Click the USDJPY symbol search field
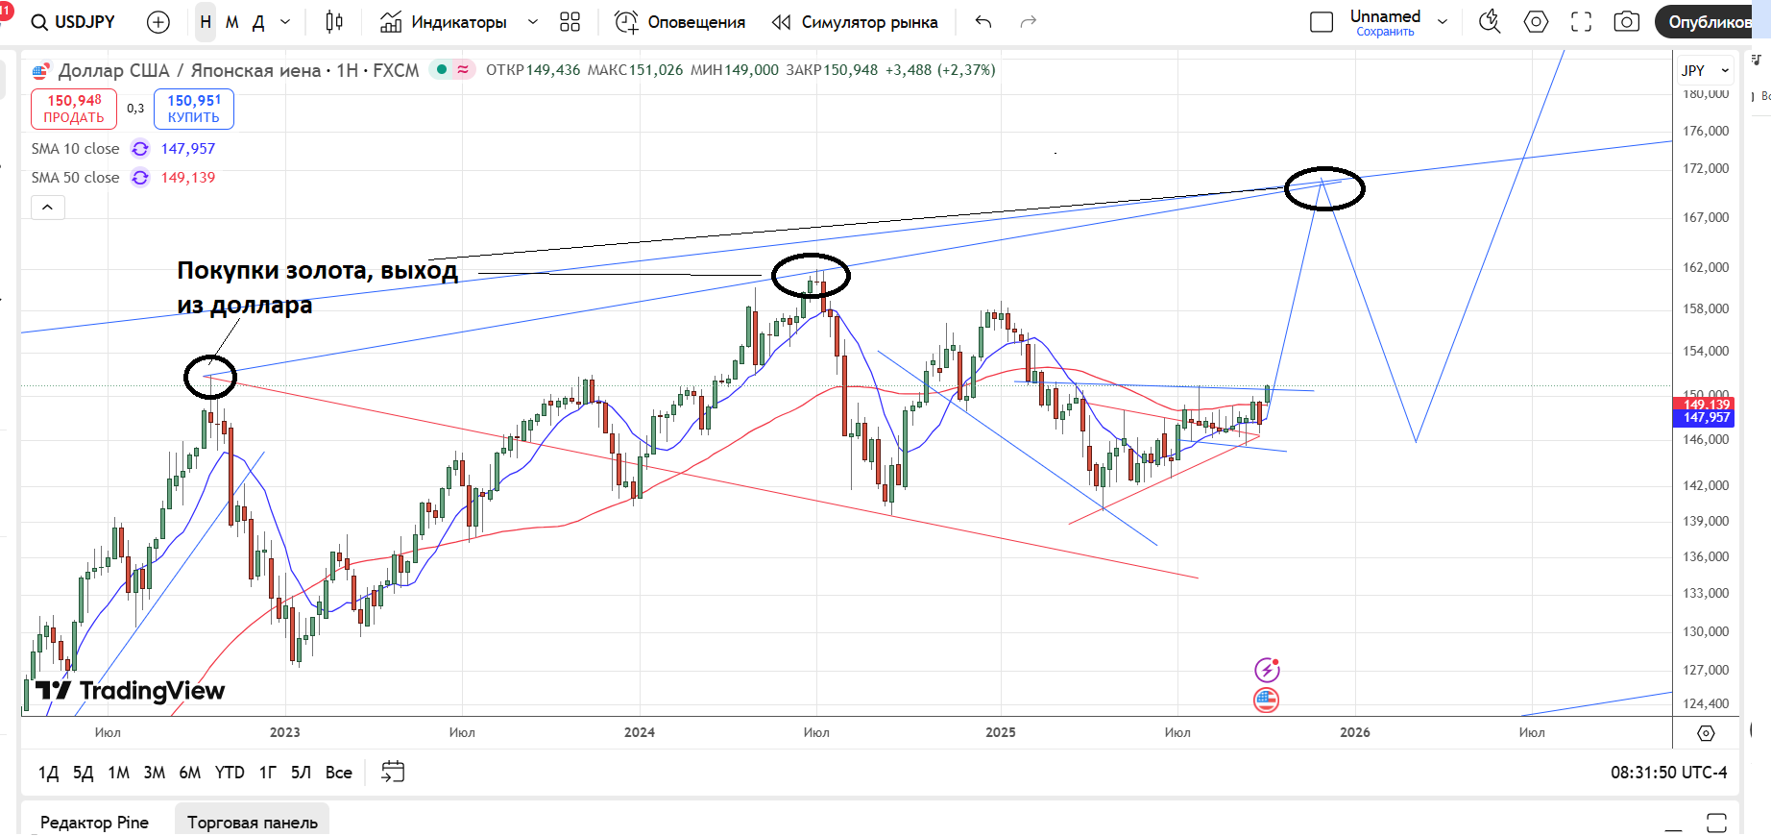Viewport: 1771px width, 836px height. point(74,22)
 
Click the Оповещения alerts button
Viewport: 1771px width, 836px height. point(680,22)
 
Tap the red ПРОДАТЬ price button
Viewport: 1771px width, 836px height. point(74,109)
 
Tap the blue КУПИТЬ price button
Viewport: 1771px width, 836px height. point(194,109)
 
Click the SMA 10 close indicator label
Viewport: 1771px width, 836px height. point(75,149)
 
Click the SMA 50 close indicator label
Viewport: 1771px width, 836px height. point(75,178)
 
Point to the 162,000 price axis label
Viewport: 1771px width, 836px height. point(1705,267)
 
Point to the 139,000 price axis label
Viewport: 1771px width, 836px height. point(1705,521)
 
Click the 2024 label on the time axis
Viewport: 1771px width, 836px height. point(640,732)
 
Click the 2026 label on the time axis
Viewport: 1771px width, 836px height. point(1355,732)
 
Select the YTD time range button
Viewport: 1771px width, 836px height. point(230,773)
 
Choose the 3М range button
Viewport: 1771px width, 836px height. point(154,773)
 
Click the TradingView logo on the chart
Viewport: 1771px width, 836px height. point(131,691)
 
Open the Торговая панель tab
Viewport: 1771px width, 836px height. point(253,823)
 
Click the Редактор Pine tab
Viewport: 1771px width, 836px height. point(94,823)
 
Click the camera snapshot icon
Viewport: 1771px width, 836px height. point(1626,22)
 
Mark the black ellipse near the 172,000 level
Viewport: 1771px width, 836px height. point(1324,188)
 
